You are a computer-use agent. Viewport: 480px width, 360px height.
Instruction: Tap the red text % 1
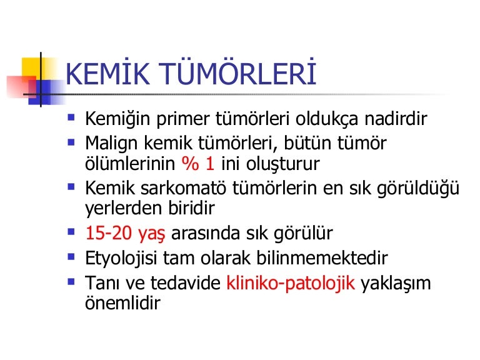tap(197, 163)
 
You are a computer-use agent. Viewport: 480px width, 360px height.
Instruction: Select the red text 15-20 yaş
tap(125, 234)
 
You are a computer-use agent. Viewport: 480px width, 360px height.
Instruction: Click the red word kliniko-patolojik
tap(291, 283)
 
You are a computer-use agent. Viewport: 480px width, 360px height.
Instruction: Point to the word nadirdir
tap(396, 118)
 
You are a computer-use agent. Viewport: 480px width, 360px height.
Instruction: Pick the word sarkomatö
tap(183, 187)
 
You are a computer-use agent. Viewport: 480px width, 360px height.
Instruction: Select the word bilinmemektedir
tap(322, 258)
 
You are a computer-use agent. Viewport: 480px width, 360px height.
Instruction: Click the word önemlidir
tap(122, 302)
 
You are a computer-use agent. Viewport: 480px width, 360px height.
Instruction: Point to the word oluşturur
tap(283, 164)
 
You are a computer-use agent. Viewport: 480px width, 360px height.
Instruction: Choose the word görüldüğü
tap(418, 188)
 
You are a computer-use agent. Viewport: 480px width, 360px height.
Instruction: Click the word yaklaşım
tap(396, 284)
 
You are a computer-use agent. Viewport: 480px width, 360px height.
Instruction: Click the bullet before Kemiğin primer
tap(71, 117)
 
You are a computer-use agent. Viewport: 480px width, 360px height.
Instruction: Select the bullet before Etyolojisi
tap(71, 256)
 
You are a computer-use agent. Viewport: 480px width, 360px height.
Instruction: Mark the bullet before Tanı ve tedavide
tap(71, 281)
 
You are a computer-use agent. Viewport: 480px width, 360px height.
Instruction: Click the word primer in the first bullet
tap(183, 119)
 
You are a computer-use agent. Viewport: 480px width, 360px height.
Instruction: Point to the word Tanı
tap(102, 283)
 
